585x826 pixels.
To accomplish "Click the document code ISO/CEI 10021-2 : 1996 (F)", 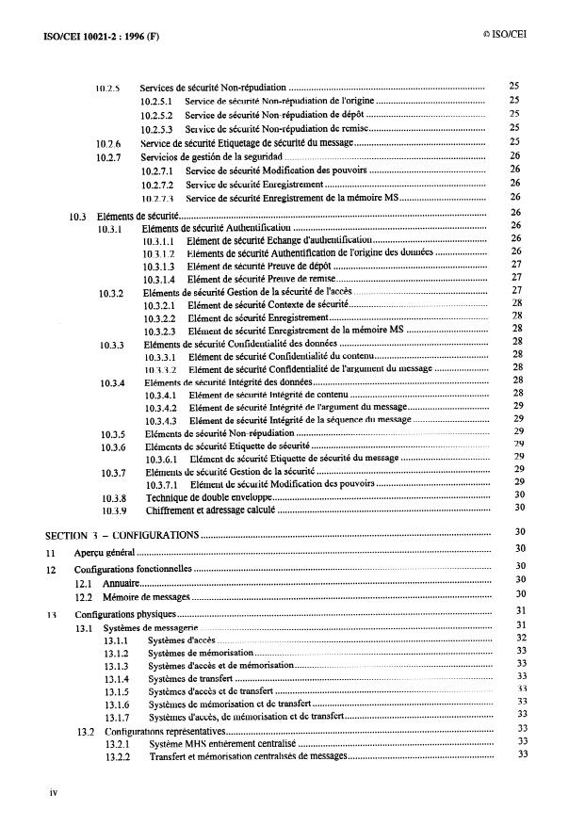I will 99,37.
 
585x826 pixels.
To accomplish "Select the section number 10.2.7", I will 110,155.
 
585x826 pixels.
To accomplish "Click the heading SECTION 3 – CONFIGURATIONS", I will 122,534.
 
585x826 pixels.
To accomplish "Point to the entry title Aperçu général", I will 106,553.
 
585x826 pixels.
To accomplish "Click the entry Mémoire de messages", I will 146,597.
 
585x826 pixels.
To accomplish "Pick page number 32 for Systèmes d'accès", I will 520,638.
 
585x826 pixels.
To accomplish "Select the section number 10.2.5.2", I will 155,114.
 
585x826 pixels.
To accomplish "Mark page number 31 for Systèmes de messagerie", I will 520,624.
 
